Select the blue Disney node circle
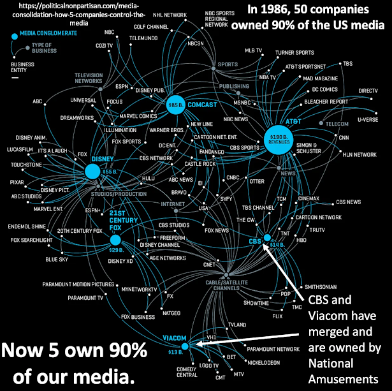coord(92,170)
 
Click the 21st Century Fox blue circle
coord(115,240)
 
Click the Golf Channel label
coord(151,27)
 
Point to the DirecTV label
coord(368,91)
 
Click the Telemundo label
coord(144,38)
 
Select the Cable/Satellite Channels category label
coord(226,284)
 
